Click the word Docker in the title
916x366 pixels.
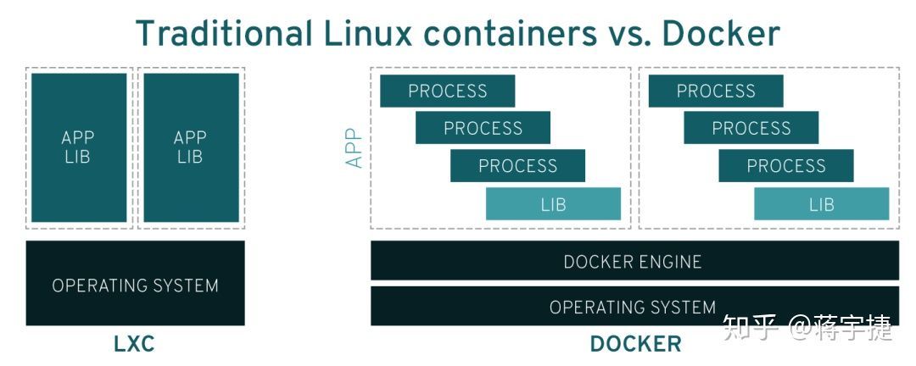pos(720,33)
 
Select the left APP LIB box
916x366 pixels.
pos(78,147)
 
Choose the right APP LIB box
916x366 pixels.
pos(190,147)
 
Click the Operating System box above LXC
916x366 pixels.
pos(135,285)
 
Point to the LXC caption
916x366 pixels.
pos(134,344)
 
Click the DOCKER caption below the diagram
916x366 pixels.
pos(634,344)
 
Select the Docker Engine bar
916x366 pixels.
pos(634,261)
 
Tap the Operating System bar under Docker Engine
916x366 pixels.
pos(633,306)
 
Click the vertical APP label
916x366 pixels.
pos(355,147)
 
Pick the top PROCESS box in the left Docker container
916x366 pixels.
pos(447,91)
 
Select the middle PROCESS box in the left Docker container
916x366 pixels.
pos(483,128)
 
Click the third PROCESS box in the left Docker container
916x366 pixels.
pos(517,165)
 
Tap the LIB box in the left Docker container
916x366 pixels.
pos(553,204)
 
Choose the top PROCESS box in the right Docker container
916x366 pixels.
pos(715,91)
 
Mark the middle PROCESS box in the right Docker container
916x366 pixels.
pos(751,128)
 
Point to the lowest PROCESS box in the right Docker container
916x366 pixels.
pos(785,165)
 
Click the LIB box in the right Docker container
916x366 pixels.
pos(821,204)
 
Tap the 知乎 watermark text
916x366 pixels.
pos(750,327)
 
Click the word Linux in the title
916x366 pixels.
pos(368,33)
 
